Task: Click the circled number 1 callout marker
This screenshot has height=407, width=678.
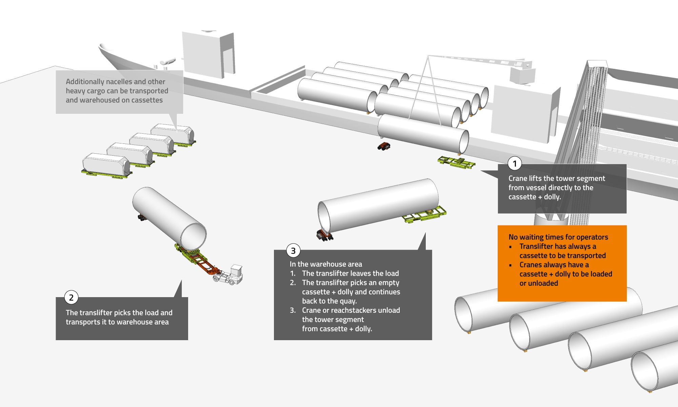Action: tap(515, 163)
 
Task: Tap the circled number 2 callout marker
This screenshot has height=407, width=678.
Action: tap(71, 297)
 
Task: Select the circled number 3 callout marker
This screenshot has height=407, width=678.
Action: tap(293, 251)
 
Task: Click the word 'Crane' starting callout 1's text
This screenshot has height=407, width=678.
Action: tap(518, 178)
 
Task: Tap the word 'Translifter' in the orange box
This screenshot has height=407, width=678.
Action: tap(536, 247)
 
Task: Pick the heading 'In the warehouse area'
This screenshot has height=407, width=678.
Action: tap(326, 264)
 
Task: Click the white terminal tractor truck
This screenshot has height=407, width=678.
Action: tap(228, 275)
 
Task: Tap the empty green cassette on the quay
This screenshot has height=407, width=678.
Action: tap(456, 162)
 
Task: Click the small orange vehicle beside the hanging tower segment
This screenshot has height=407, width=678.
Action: tap(384, 147)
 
